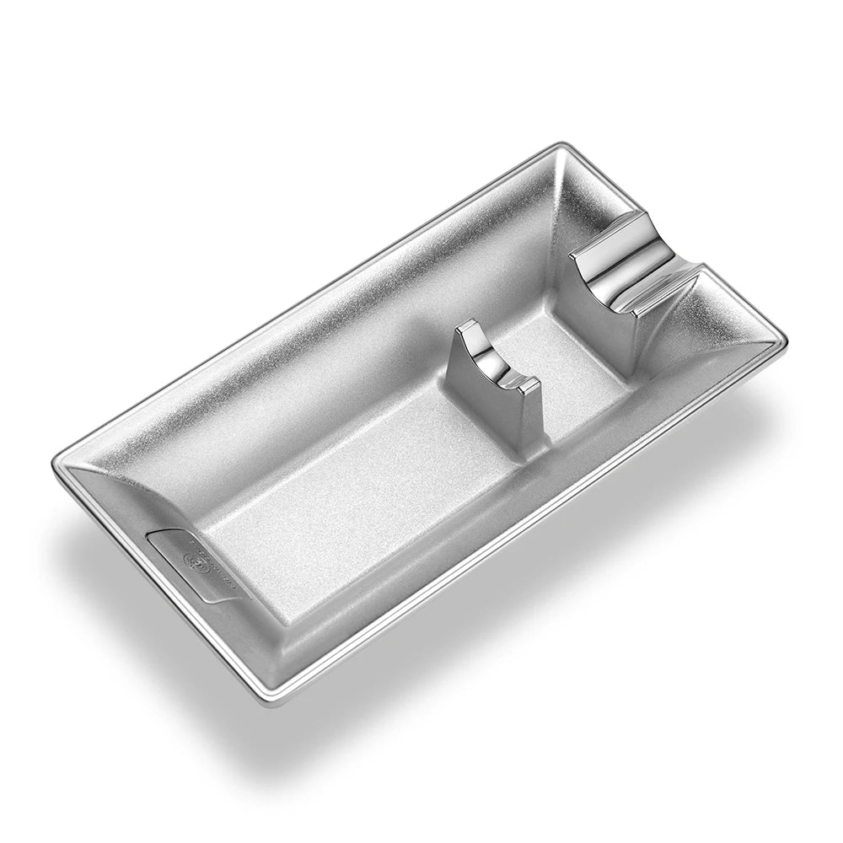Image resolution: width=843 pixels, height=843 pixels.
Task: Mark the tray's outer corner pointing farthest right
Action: point(787,338)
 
